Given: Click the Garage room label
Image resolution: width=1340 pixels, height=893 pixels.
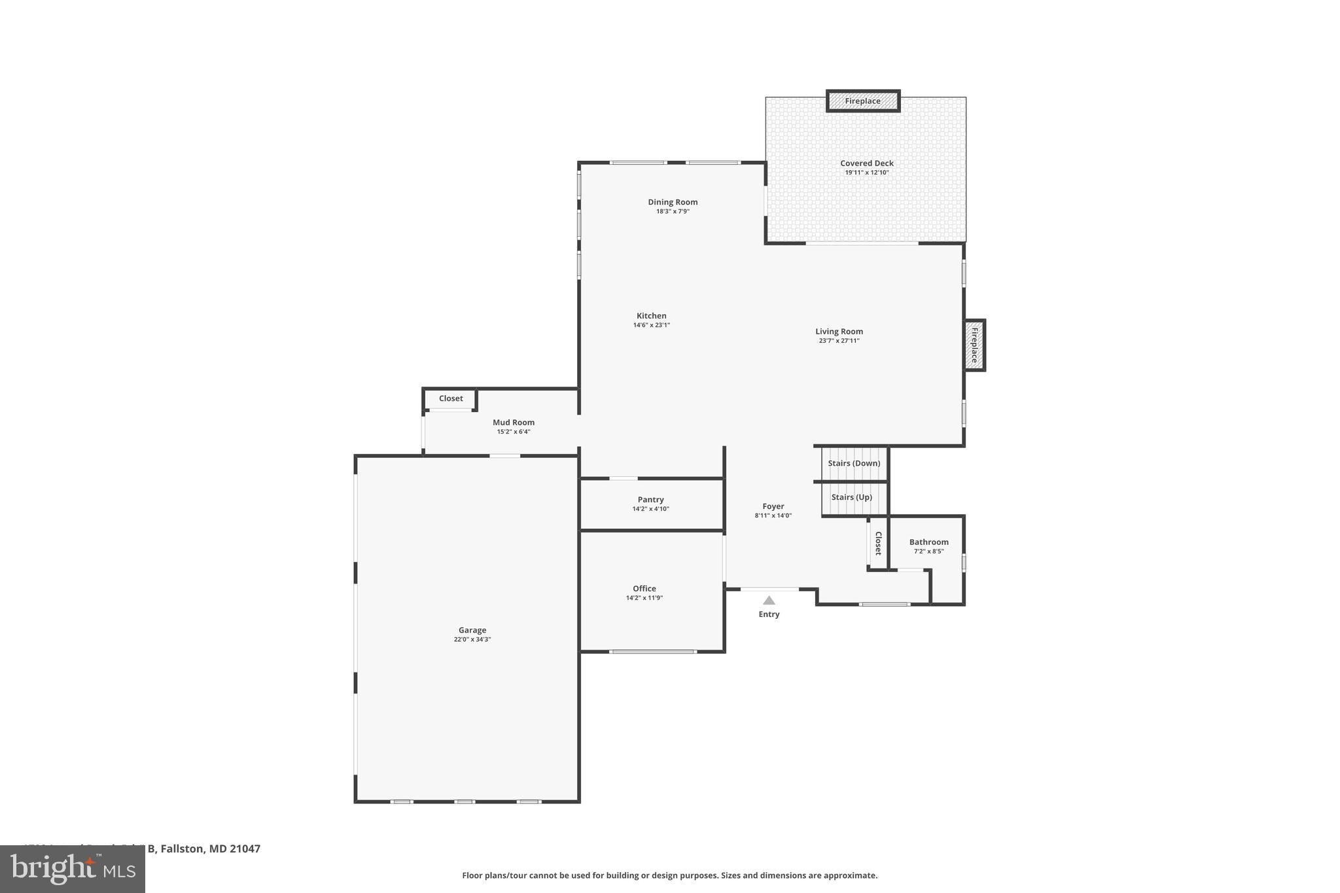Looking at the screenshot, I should coord(472,630).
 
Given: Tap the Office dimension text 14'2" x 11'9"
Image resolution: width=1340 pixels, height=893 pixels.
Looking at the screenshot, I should coord(644,598).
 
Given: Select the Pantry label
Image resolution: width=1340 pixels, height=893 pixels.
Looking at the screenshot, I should coord(650,499).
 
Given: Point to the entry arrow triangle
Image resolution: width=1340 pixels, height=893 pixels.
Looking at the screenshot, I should coord(769,601).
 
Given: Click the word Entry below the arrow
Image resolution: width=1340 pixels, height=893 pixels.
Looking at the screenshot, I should coord(769,614).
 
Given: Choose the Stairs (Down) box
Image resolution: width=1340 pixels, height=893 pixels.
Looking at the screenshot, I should coord(854,463).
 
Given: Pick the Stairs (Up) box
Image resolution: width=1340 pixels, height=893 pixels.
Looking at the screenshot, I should coord(852,497).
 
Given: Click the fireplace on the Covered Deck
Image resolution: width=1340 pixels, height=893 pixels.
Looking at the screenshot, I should coord(862,101).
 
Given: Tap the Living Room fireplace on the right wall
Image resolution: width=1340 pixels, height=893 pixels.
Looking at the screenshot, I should coord(974,345).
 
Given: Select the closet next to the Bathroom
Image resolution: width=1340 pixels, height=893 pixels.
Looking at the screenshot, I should coord(878,543).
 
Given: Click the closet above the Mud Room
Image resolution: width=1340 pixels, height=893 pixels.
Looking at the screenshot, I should coord(450,398).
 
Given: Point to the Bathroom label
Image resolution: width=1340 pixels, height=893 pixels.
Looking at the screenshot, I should coord(928,542).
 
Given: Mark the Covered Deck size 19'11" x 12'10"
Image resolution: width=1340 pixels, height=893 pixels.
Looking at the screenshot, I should coord(866,173).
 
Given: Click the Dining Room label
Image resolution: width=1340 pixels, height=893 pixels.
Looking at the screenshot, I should coord(673,202).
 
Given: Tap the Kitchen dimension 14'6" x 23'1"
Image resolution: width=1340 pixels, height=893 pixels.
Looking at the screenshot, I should coord(651,325).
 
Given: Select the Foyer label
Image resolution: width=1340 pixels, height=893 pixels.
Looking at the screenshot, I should coord(773,506).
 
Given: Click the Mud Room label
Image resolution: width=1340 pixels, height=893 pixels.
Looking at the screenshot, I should coord(513,423).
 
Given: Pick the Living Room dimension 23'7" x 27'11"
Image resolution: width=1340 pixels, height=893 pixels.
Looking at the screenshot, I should coord(839,341).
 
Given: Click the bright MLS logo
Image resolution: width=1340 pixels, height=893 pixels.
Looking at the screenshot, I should coord(73,869).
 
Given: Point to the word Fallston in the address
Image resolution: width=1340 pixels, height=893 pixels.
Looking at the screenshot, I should coord(183,849).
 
